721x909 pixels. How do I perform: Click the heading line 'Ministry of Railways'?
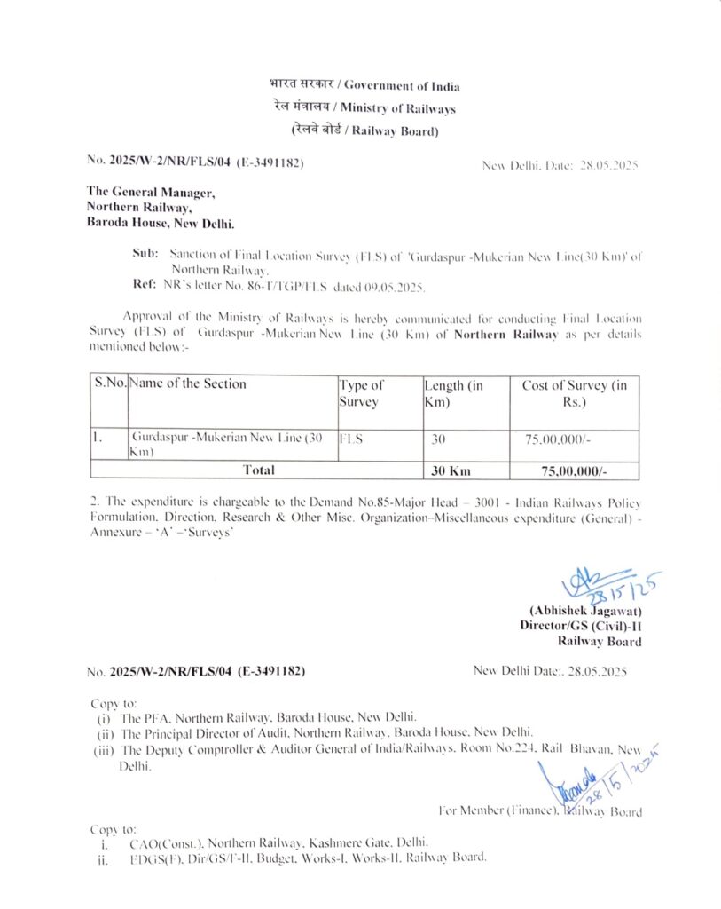click(x=364, y=108)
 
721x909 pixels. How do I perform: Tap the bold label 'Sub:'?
click(x=145, y=253)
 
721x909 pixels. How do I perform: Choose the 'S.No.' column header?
click(x=110, y=384)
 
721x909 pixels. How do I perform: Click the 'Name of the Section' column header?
click(x=188, y=384)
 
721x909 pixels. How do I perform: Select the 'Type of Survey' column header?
click(x=361, y=392)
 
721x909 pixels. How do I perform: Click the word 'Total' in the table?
click(x=256, y=470)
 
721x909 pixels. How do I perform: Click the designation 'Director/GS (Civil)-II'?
click(x=581, y=626)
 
